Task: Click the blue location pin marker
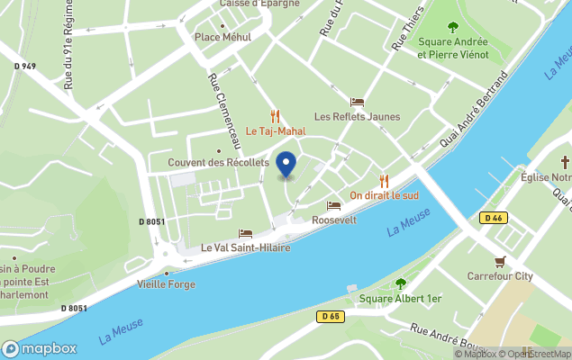[286, 165]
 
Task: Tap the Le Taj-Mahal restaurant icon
[275, 116]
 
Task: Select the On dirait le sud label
[384, 195]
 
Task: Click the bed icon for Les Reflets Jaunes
[357, 102]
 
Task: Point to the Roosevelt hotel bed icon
[334, 205]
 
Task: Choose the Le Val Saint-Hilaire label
[245, 247]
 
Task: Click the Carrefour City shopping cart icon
[500, 262]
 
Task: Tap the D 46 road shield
[492, 218]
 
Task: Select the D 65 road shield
[331, 316]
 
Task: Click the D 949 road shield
[25, 66]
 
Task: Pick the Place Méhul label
[222, 37]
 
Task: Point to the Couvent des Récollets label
[219, 162]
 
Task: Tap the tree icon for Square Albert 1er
[400, 283]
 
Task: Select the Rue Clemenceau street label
[225, 111]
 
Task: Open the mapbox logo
[39, 348]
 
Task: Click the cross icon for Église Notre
[565, 162]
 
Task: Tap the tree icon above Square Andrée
[452, 27]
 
